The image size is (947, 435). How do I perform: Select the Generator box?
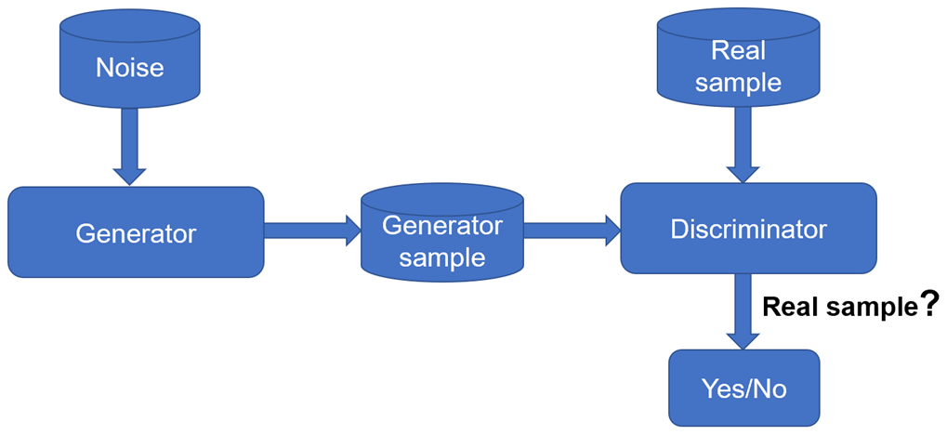point(136,231)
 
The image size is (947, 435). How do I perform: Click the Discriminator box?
point(748,228)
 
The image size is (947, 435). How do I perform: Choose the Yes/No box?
point(743,388)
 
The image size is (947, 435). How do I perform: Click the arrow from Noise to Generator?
point(130,145)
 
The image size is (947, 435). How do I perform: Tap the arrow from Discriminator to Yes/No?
point(743,311)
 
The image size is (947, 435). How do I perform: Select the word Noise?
point(130,67)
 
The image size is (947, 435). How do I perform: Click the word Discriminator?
point(748,228)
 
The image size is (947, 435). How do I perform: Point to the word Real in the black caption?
point(791,308)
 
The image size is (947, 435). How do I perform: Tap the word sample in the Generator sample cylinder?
point(442,257)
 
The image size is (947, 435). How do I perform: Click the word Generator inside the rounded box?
point(136,232)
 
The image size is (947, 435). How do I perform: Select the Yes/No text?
point(743,389)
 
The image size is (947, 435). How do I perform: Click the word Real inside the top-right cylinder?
point(738,50)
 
